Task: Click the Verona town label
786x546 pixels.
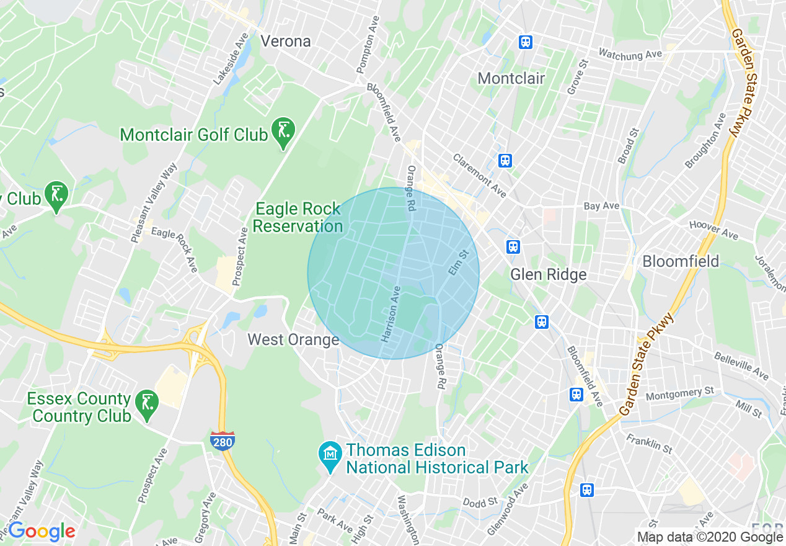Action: coord(286,42)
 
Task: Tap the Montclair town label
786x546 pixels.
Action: coord(511,79)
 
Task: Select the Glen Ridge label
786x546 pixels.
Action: coord(548,275)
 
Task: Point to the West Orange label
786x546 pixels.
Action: coord(293,339)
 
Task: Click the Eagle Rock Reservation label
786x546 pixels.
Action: coord(298,217)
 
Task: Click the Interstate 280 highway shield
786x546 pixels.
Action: coord(221,441)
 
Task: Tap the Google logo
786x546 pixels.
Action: coord(42,531)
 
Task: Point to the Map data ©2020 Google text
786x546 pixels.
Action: coord(710,537)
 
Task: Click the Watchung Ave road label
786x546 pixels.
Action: coord(630,55)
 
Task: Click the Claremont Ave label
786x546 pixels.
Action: coord(479,176)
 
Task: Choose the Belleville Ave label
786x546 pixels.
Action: coord(741,366)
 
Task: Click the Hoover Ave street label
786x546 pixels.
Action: coord(713,231)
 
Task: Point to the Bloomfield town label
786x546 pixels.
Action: coord(681,261)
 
